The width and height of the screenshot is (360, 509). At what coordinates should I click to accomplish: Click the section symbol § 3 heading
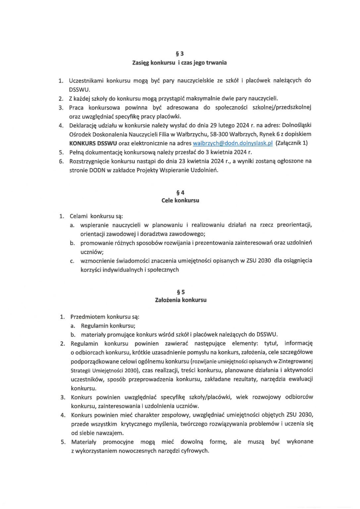(x=180, y=54)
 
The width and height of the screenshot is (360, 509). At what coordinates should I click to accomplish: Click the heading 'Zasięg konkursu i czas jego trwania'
(x=180, y=63)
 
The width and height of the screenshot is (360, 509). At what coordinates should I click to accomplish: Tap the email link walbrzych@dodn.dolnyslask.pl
(x=232, y=143)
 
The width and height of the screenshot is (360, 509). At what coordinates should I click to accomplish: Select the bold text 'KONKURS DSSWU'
(x=93, y=143)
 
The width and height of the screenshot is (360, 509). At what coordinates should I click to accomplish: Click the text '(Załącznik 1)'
(x=291, y=143)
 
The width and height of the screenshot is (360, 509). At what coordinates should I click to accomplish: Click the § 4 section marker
(x=180, y=193)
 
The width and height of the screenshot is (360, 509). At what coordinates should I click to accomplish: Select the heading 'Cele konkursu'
(x=180, y=200)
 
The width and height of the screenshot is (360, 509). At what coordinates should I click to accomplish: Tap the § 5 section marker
(x=181, y=292)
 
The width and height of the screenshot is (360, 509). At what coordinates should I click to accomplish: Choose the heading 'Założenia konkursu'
(x=181, y=300)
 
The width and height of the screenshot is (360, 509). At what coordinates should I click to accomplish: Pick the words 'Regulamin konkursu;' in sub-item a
(x=108, y=326)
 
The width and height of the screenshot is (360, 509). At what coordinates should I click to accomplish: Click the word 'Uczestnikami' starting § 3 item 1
(x=86, y=81)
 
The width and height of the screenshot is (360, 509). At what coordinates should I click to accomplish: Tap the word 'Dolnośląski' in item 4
(x=296, y=125)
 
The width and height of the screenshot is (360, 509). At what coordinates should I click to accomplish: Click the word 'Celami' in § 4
(x=78, y=216)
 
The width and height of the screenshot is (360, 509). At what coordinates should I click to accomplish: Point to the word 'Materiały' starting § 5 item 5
(x=84, y=442)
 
